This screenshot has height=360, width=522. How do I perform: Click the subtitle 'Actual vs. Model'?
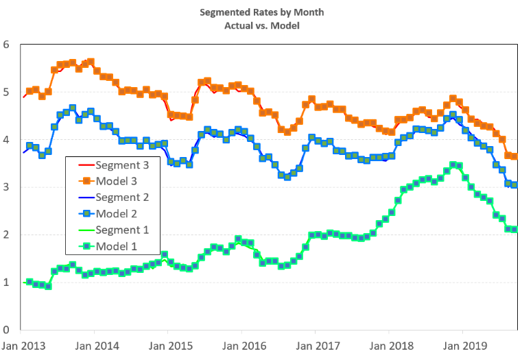click(x=261, y=25)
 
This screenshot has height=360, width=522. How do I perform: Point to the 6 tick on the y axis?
click(x=7, y=45)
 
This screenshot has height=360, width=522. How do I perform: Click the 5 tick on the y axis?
click(x=7, y=93)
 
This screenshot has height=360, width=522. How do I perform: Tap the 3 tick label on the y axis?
click(x=7, y=187)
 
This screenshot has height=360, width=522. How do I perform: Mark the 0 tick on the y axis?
click(x=7, y=330)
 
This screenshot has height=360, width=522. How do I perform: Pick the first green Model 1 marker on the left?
click(x=29, y=282)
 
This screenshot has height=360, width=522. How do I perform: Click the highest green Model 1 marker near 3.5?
click(x=453, y=165)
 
